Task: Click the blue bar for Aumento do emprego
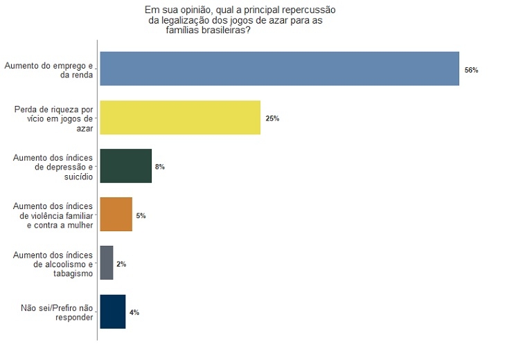(x=279, y=69)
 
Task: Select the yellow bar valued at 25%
(x=180, y=118)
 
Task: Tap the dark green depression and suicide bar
(x=125, y=166)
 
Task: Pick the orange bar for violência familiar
(x=116, y=215)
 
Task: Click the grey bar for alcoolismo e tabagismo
(x=107, y=263)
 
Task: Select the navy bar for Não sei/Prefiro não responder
(x=113, y=312)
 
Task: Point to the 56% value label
(x=472, y=71)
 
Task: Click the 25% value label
(x=272, y=119)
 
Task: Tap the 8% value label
(x=160, y=168)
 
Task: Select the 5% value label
(x=141, y=216)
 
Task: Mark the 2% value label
(x=121, y=264)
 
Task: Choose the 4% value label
(x=134, y=313)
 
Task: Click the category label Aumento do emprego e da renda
(x=48, y=70)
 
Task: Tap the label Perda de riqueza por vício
(x=53, y=118)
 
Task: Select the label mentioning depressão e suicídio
(x=53, y=167)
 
